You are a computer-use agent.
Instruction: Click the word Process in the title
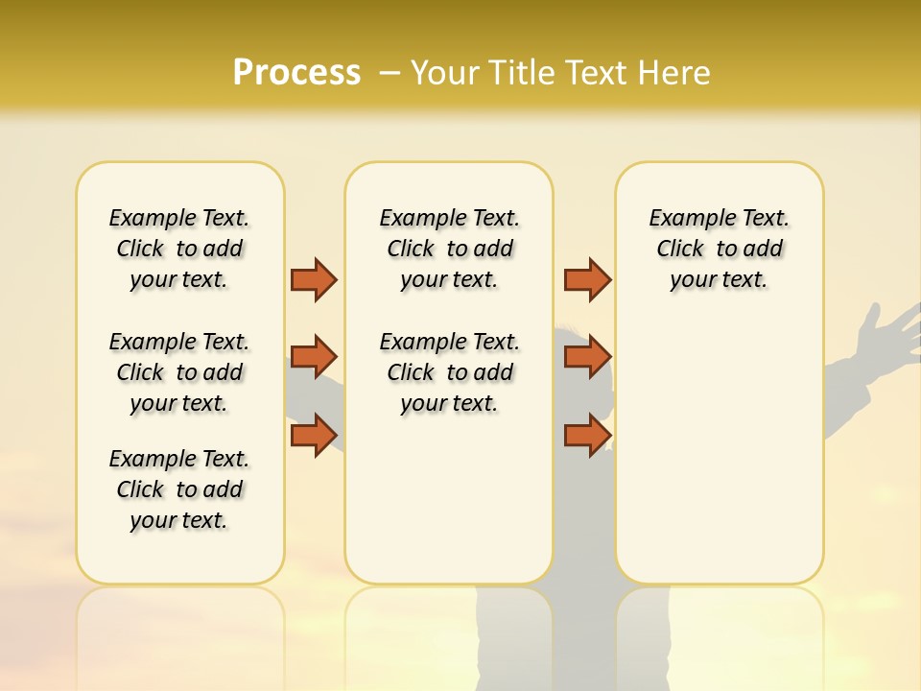pyautogui.click(x=296, y=72)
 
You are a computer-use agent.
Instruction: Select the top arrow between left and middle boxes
pyautogui.click(x=314, y=279)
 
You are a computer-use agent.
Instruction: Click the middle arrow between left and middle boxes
pyautogui.click(x=314, y=357)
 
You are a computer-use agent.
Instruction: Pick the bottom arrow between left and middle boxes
pyautogui.click(x=314, y=435)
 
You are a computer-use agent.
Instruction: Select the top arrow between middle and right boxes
pyautogui.click(x=587, y=279)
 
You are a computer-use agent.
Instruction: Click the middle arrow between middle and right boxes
pyautogui.click(x=587, y=357)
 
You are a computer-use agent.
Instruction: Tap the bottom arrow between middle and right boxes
pyautogui.click(x=587, y=435)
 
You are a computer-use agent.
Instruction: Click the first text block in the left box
pyautogui.click(x=179, y=249)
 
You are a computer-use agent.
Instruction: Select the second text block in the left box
pyautogui.click(x=179, y=372)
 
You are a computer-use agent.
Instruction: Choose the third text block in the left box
pyautogui.click(x=179, y=489)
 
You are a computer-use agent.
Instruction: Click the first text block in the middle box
pyautogui.click(x=449, y=249)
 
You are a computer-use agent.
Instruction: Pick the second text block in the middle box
pyautogui.click(x=449, y=372)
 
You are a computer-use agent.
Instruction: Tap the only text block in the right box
pyautogui.click(x=719, y=249)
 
